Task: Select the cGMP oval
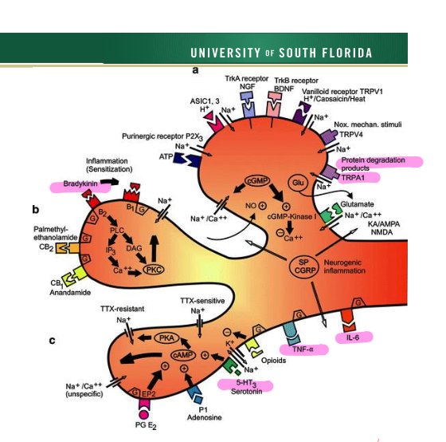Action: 257,181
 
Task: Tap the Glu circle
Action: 298,183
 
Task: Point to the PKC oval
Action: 154,270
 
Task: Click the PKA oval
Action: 166,338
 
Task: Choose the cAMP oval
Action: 183,355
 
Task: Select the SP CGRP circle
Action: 304,266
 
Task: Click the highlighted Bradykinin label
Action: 80,184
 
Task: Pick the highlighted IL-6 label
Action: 353,337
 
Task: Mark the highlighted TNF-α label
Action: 303,349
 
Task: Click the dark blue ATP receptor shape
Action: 187,160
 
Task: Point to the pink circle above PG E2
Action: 143,413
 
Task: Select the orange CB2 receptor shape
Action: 67,248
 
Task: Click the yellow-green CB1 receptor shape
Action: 73,275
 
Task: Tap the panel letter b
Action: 36,210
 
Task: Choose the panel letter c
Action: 52,341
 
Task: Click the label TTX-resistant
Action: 123,309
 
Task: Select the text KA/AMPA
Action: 384,224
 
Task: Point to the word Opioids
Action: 273,361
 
